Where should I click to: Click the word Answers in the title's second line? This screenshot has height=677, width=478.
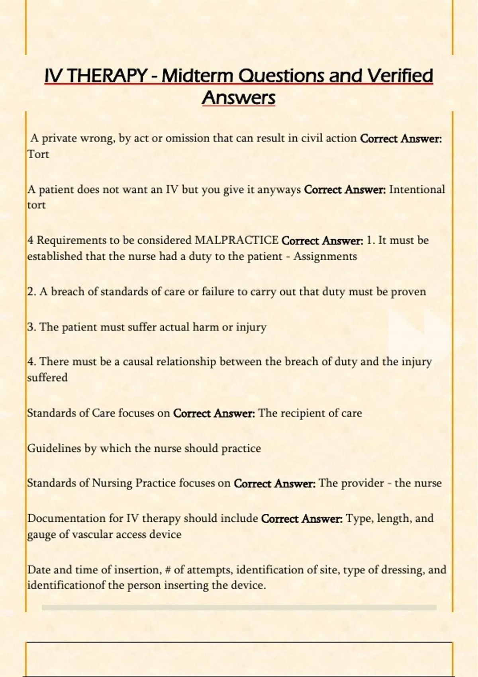(239, 98)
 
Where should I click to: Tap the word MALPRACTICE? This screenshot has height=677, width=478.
(236, 240)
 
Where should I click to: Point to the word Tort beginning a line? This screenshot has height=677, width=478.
(38, 154)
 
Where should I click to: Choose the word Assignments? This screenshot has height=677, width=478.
(325, 256)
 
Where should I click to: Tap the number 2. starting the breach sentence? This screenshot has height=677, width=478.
(32, 292)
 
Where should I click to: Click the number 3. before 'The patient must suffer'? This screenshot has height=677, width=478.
(32, 327)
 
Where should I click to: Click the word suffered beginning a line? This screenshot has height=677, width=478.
(47, 378)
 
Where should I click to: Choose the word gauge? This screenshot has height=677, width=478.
(41, 535)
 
